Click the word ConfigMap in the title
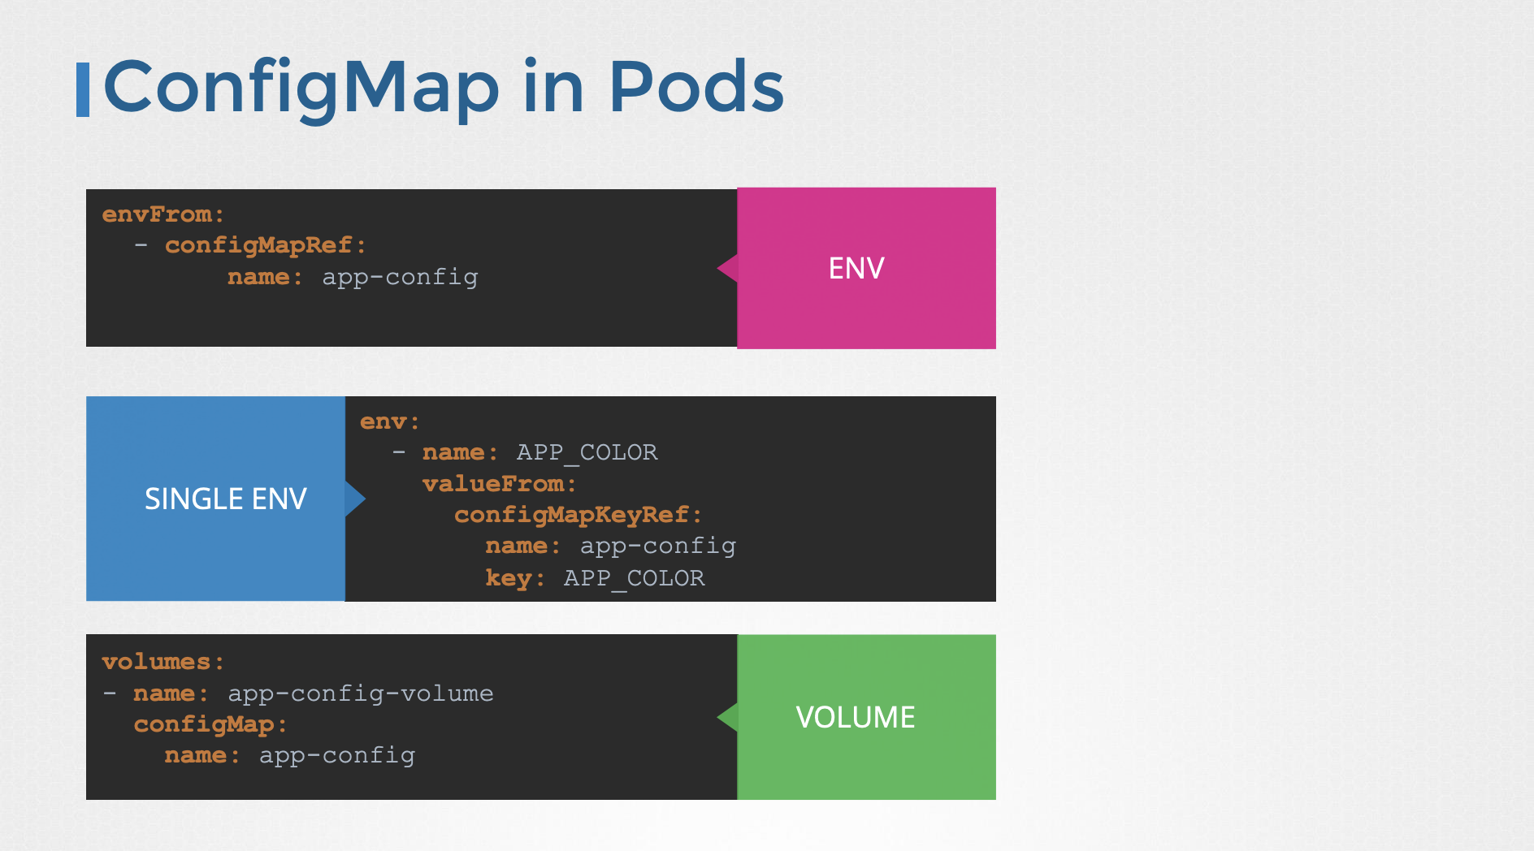[x=301, y=88]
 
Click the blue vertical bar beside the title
[x=82, y=89]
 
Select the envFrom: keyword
[x=162, y=214]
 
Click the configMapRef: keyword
[x=265, y=245]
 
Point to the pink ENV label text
[x=856, y=269]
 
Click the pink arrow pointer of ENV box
[x=728, y=268]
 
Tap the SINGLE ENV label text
[x=225, y=499]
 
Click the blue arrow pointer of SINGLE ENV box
[x=355, y=499]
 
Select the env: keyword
[x=389, y=421]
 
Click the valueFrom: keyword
[x=499, y=484]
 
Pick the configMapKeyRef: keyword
[x=577, y=515]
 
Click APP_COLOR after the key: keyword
[x=635, y=578]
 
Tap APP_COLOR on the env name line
[x=587, y=452]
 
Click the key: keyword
[x=514, y=578]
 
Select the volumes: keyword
[x=162, y=662]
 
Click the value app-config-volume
[x=361, y=693]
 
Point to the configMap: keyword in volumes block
[x=210, y=724]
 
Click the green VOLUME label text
[x=856, y=718]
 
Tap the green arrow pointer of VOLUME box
[x=728, y=717]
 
